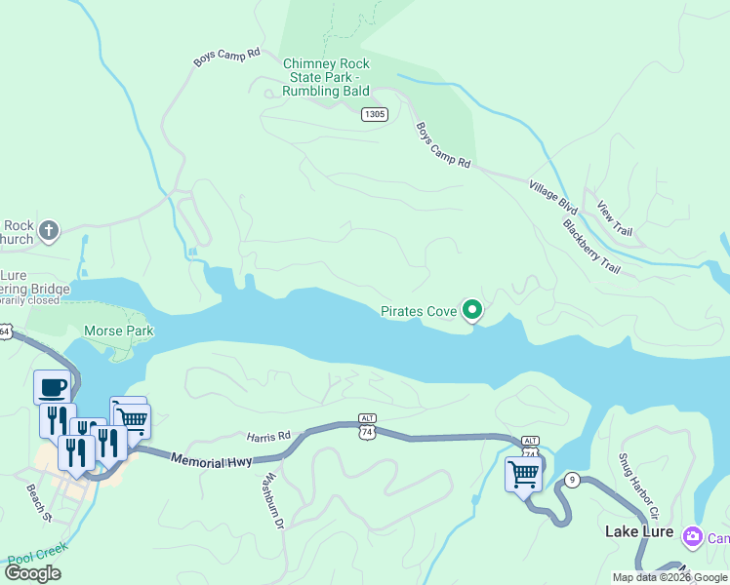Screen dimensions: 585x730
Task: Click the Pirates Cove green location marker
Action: (x=472, y=311)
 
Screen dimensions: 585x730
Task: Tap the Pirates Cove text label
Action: (x=419, y=312)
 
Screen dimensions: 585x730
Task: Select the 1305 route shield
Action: (x=375, y=114)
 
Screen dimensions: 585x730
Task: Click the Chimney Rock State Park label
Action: (x=326, y=77)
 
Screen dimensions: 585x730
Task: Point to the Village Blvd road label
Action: (x=553, y=197)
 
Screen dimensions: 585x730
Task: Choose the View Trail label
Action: (x=615, y=218)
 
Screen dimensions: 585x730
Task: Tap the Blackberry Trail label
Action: (x=591, y=246)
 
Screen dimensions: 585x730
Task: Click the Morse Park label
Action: (x=118, y=331)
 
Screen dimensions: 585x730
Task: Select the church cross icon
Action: (x=49, y=231)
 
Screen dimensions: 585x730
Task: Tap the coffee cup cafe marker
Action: (x=52, y=387)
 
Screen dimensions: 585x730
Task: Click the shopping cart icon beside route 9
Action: (x=523, y=475)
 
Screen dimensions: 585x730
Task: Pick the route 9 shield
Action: (x=572, y=480)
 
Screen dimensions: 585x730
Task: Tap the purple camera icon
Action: (x=693, y=536)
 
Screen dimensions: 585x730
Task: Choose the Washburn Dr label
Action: (x=272, y=501)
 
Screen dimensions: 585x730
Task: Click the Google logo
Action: (x=32, y=573)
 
